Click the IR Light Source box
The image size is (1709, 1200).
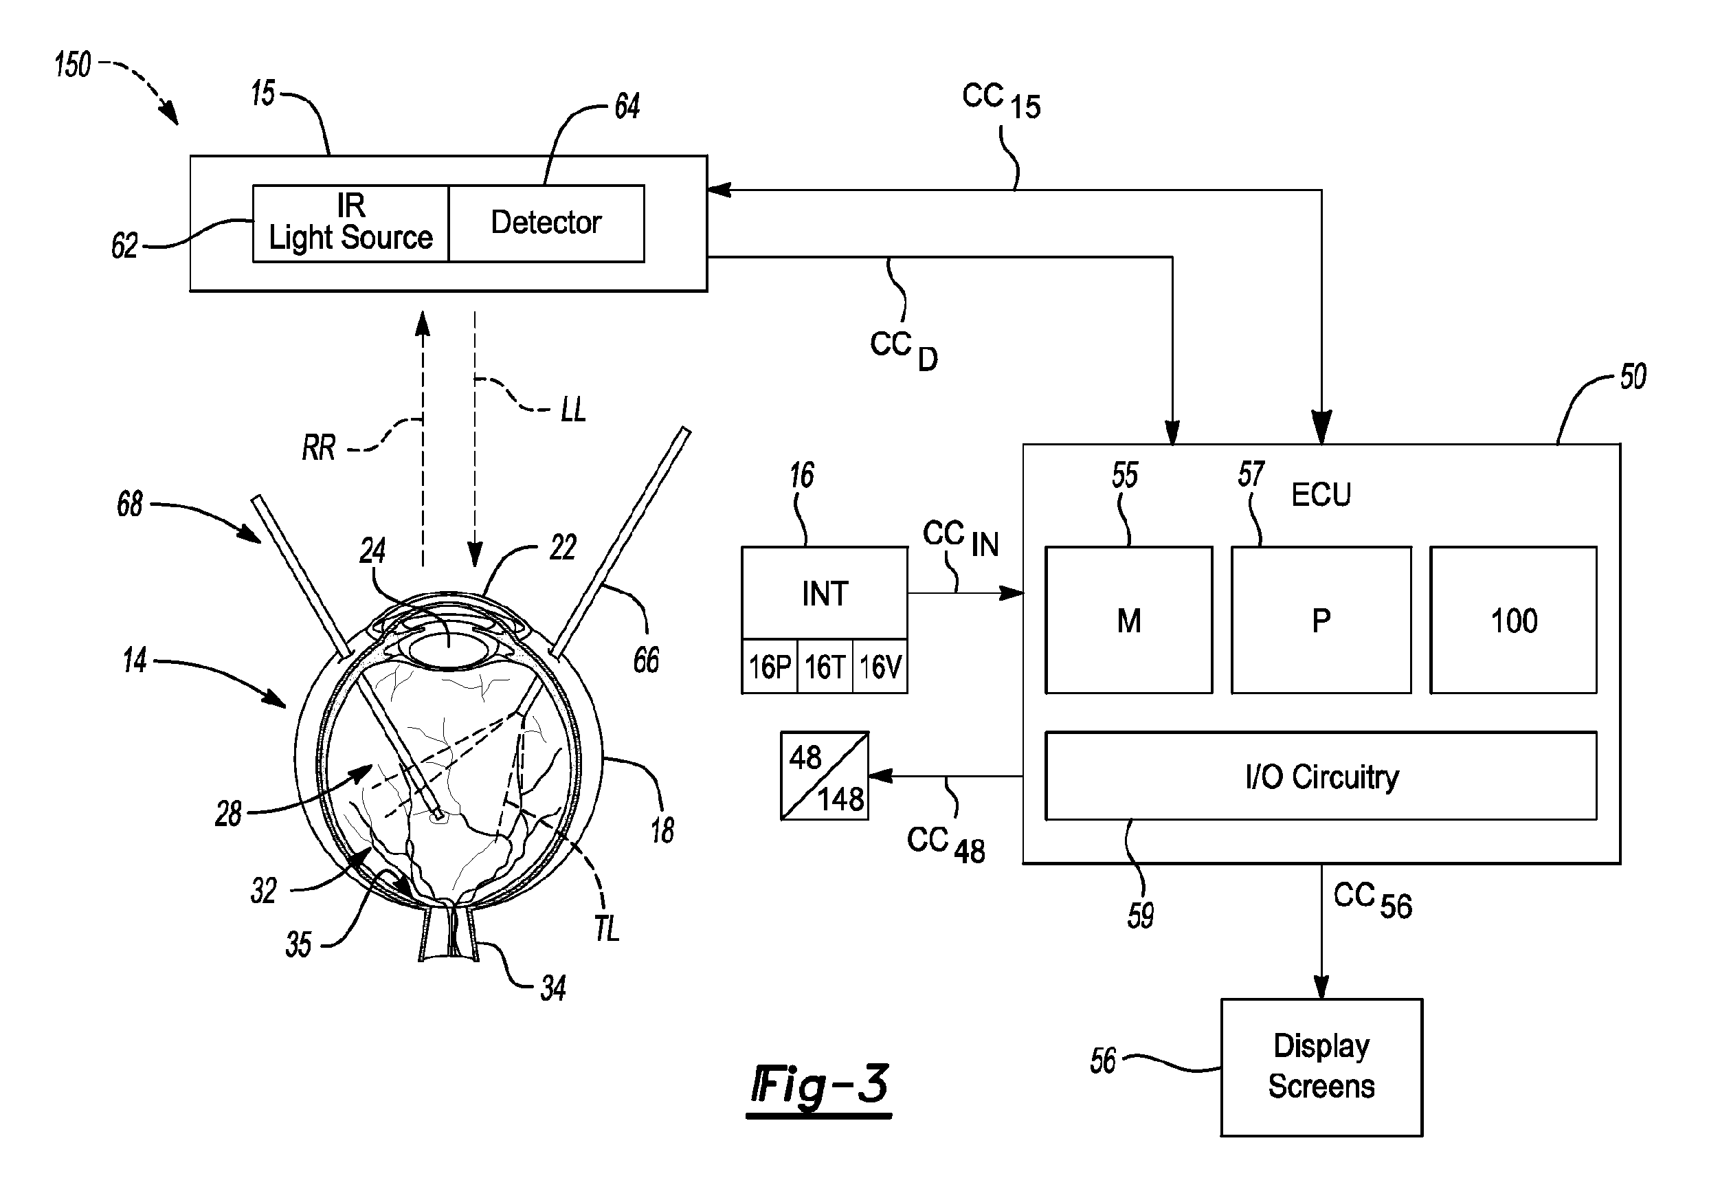point(350,223)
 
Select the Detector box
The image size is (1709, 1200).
point(547,223)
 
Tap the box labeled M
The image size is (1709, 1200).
point(1129,620)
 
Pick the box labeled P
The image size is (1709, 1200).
point(1321,620)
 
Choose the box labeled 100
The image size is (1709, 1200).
point(1513,620)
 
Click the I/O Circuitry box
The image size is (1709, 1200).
point(1321,776)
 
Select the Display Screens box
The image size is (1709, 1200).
point(1321,1067)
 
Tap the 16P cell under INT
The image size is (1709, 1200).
point(770,666)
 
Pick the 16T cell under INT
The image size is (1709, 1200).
point(825,666)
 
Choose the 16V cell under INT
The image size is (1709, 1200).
point(880,666)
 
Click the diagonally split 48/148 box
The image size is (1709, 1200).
point(825,776)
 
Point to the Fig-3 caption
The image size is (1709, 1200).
point(819,1087)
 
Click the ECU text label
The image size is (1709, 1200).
point(1321,494)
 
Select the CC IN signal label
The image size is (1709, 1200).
point(961,538)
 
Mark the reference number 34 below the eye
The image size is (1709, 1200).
point(553,988)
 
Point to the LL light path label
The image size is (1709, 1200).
point(573,410)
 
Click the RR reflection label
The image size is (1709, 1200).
point(319,447)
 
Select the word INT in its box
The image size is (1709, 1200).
point(825,593)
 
